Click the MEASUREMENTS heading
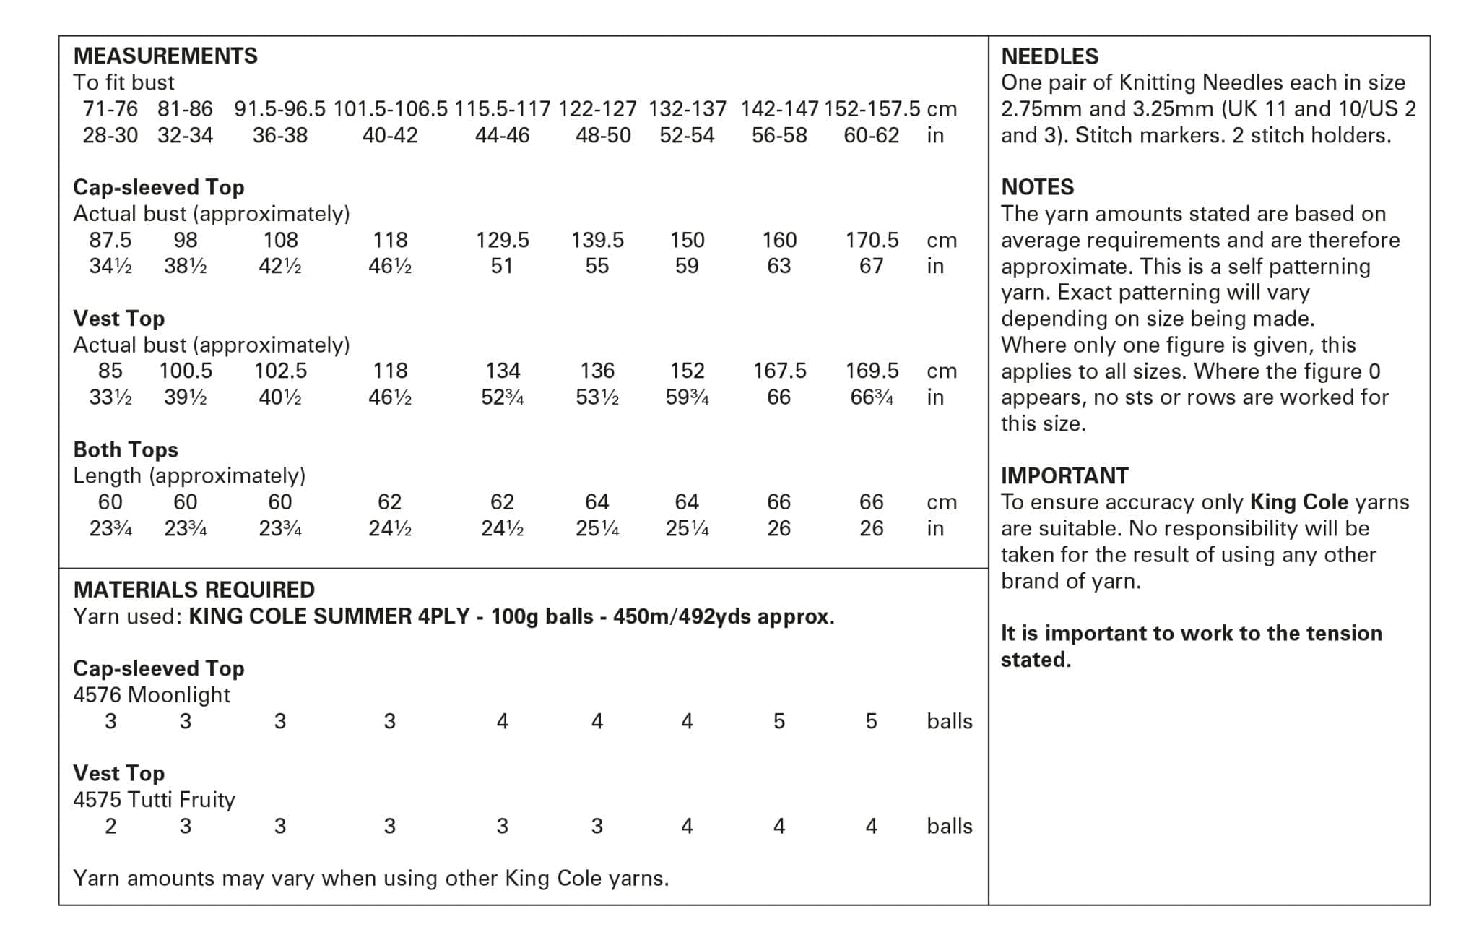165,56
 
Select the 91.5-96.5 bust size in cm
279,109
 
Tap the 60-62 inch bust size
871,135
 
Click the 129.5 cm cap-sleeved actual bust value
502,240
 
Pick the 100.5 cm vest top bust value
186,371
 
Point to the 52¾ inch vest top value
502,397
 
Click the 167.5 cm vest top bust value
779,371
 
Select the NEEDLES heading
1049,56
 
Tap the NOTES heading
1037,187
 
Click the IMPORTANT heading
1064,475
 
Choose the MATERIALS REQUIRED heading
194,590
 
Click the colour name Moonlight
179,695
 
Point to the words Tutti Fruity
181,800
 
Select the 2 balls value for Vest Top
110,826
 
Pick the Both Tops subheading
126,449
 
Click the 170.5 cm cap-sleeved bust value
872,240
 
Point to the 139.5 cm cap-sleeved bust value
597,240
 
